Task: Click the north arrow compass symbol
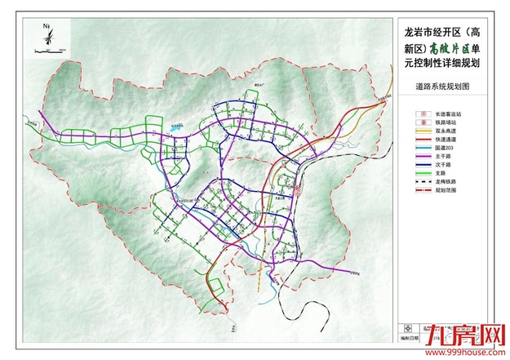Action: (47, 37)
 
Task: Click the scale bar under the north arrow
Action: (47, 53)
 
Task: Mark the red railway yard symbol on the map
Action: (299, 193)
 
